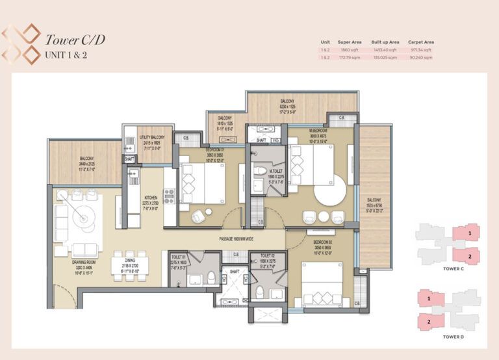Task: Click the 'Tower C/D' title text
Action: pyautogui.click(x=74, y=40)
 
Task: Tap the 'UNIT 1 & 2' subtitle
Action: pyautogui.click(x=67, y=55)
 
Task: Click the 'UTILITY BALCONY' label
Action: pyautogui.click(x=151, y=138)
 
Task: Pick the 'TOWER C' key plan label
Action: pyautogui.click(x=452, y=267)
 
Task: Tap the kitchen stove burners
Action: pyautogui.click(x=170, y=195)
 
